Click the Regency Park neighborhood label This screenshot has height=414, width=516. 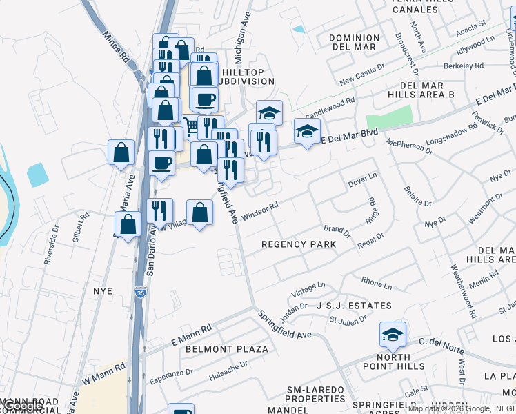(299, 244)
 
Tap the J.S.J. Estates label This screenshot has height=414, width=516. (354, 305)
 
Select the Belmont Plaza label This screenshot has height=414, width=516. (226, 349)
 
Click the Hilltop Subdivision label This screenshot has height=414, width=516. (246, 75)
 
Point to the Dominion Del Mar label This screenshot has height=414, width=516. (354, 42)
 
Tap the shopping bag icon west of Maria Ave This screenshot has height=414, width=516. (121, 153)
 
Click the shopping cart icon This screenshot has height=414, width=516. (191, 127)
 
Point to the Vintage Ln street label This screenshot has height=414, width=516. (308, 289)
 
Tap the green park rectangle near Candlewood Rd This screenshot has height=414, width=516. (389, 117)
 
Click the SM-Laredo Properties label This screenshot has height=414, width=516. (315, 394)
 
